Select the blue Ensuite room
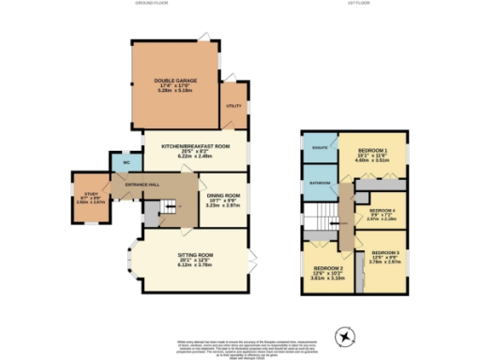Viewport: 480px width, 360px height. point(319,148)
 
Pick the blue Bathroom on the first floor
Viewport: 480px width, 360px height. point(319,182)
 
